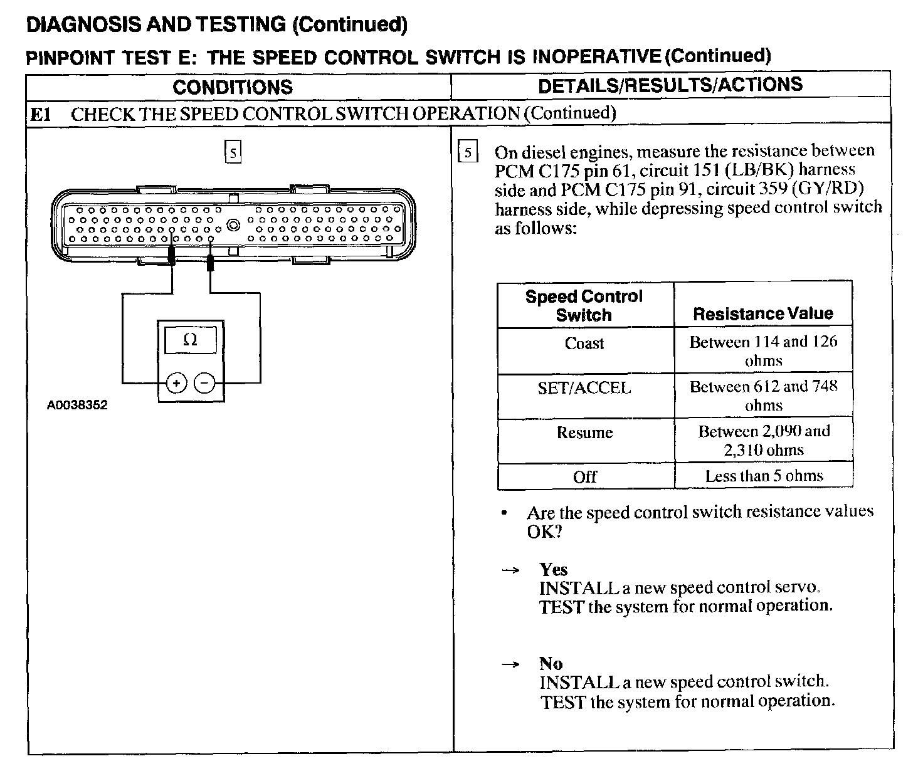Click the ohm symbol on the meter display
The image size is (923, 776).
click(x=191, y=340)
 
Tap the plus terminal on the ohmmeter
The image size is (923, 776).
click(x=177, y=382)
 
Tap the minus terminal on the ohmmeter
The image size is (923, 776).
click(x=204, y=382)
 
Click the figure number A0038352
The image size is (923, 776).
click(x=77, y=405)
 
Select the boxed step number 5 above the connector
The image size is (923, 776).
click(x=233, y=153)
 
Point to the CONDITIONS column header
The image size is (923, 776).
click(x=233, y=87)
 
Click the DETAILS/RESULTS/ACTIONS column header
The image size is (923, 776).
click(x=670, y=85)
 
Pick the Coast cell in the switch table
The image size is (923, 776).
click(x=584, y=343)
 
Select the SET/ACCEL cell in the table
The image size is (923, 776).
click(x=584, y=388)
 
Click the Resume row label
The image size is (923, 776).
click(x=584, y=433)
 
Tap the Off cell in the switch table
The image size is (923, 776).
click(x=584, y=477)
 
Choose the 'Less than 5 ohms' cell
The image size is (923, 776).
click(x=764, y=476)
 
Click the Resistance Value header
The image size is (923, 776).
click(x=763, y=313)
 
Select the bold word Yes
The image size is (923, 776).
click(x=553, y=569)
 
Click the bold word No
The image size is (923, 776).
click(x=551, y=663)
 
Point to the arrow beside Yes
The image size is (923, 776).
click(x=511, y=570)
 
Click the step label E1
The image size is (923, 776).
click(x=41, y=114)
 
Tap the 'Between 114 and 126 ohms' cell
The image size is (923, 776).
click(x=763, y=351)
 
